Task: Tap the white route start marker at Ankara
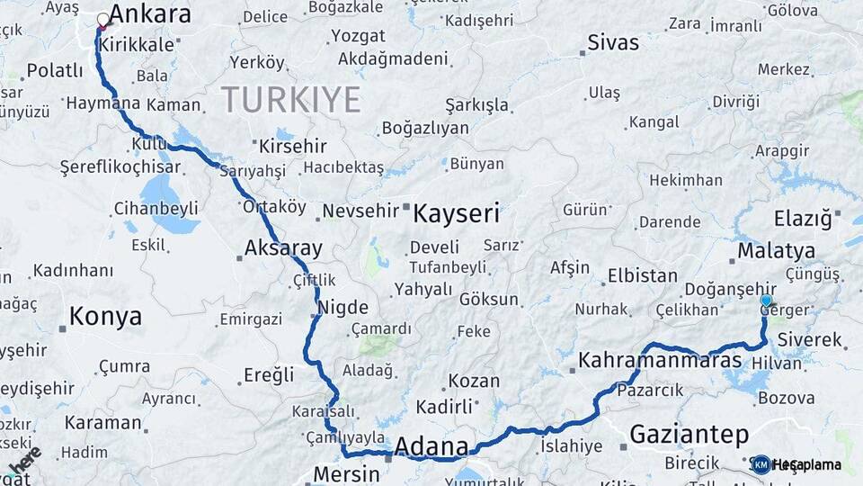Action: point(103,19)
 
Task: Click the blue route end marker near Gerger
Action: point(766,301)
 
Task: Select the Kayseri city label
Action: point(456,213)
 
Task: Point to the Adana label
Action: point(431,446)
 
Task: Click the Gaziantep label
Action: point(689,435)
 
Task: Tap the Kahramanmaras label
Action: point(660,361)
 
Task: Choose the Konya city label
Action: point(105,317)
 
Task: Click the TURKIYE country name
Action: point(290,99)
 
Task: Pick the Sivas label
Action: point(613,42)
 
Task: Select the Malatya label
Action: point(776,250)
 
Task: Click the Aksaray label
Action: point(283,248)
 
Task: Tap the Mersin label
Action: point(347,474)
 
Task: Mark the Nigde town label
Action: point(338,308)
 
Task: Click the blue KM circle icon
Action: point(761,464)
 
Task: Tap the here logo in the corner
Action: point(25,462)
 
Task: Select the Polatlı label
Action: point(55,70)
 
